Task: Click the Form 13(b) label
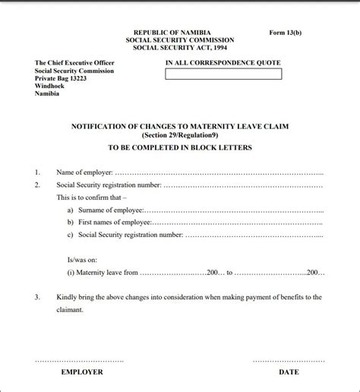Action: [x=286, y=33]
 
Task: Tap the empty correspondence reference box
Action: [x=223, y=74]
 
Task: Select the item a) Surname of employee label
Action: [x=104, y=210]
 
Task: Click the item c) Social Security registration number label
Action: [x=125, y=235]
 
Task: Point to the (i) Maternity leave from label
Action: [x=103, y=270]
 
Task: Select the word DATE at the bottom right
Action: [x=289, y=372]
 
